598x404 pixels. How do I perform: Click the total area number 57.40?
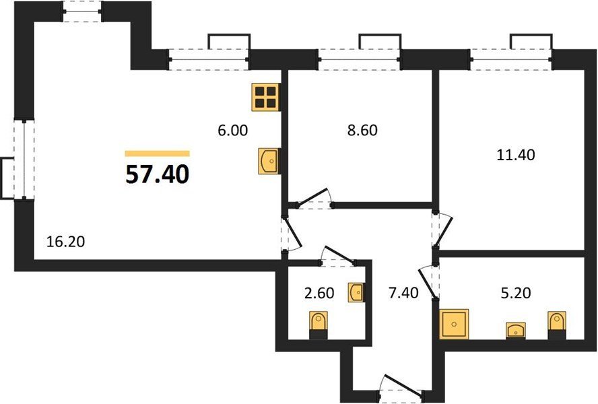157,175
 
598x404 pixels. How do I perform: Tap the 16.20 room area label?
65,242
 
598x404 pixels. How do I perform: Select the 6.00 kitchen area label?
232,131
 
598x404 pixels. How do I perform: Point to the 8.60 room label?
362,130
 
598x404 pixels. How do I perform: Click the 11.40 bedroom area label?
516,155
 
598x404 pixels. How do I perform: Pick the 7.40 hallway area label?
403,293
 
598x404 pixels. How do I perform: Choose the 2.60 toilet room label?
319,293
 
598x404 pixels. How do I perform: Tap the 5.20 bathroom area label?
516,293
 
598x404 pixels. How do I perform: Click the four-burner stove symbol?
266,97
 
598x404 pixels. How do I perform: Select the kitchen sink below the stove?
268,161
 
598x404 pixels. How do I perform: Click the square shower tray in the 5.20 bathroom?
454,324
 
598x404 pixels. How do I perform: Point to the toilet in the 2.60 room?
318,325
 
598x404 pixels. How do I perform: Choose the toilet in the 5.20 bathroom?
557,325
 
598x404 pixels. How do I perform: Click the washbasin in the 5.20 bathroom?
515,331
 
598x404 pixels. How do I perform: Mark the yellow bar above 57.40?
158,154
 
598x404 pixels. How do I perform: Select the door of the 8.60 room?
314,199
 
